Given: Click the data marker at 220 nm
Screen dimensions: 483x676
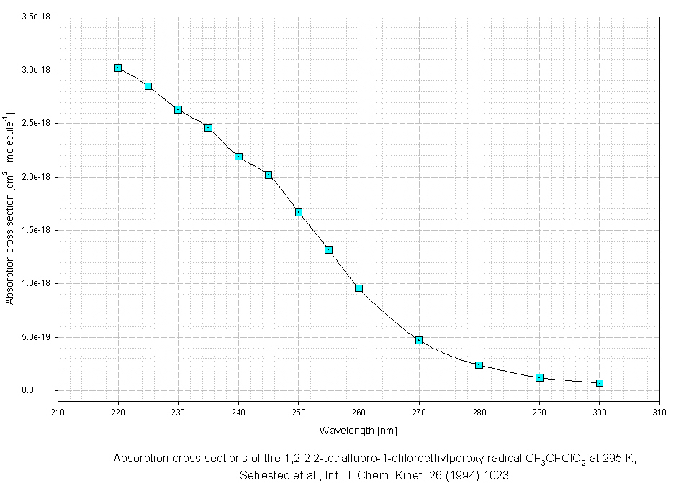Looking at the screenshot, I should coord(118,68).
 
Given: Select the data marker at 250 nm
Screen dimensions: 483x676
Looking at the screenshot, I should coord(299,212).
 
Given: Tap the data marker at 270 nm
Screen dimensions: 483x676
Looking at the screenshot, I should coord(419,340).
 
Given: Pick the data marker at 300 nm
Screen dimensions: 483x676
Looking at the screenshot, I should coord(600,383).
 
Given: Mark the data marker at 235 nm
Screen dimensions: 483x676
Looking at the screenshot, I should coord(208,128).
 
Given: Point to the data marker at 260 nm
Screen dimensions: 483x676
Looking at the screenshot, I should coord(359,288).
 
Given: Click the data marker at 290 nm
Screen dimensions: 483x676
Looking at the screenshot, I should coord(539,377).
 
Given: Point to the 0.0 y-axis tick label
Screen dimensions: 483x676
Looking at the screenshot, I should coord(45,391).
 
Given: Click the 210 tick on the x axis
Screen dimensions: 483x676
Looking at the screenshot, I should coord(58,413).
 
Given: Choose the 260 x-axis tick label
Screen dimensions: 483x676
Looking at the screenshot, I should coord(359,413).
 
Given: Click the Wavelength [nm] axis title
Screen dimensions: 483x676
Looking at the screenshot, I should coord(358,431).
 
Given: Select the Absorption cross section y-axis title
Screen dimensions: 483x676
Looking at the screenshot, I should coord(10,208).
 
